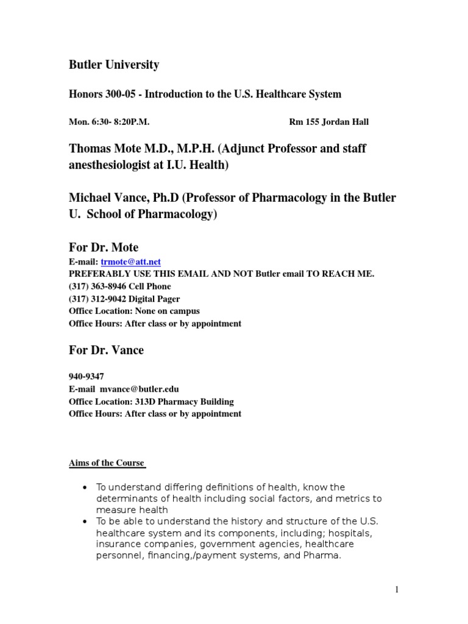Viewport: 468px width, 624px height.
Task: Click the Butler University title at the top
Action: [114, 65]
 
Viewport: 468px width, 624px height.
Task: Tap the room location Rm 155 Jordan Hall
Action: [328, 122]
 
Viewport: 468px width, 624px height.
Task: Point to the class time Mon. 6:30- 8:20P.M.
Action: [109, 122]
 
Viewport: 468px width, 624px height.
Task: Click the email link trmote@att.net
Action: [130, 262]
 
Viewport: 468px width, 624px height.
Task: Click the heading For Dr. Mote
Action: [104, 247]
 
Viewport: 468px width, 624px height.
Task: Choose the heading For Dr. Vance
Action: [107, 350]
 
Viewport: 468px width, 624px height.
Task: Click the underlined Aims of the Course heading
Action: [107, 463]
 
